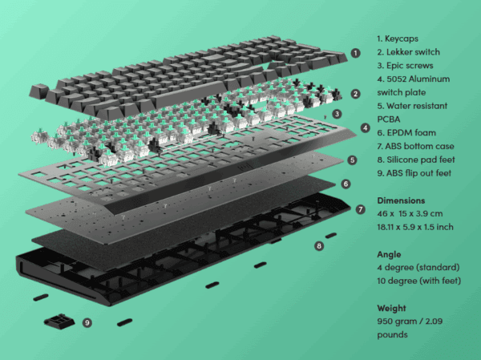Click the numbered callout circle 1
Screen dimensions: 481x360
click(355, 53)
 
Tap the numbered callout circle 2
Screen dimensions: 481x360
click(355, 94)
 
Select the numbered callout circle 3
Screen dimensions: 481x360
click(338, 114)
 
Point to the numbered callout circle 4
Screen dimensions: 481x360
click(365, 127)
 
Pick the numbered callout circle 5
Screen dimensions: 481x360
click(352, 160)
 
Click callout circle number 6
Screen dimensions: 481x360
click(346, 184)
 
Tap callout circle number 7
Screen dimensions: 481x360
click(361, 209)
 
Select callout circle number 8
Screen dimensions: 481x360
click(319, 245)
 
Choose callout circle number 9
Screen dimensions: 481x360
click(87, 322)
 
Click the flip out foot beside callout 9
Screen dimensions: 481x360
click(59, 322)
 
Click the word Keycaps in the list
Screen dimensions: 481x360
click(402, 39)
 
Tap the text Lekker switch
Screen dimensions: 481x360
click(413, 52)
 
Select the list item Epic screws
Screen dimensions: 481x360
click(410, 66)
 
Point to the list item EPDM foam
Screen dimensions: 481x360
click(411, 133)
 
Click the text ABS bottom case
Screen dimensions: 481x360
click(419, 147)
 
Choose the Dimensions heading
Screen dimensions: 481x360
click(401, 200)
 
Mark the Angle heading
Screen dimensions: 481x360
click(389, 255)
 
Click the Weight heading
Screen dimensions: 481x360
click(391, 308)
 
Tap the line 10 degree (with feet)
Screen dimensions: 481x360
click(419, 281)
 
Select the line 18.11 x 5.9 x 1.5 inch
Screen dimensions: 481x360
click(415, 227)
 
